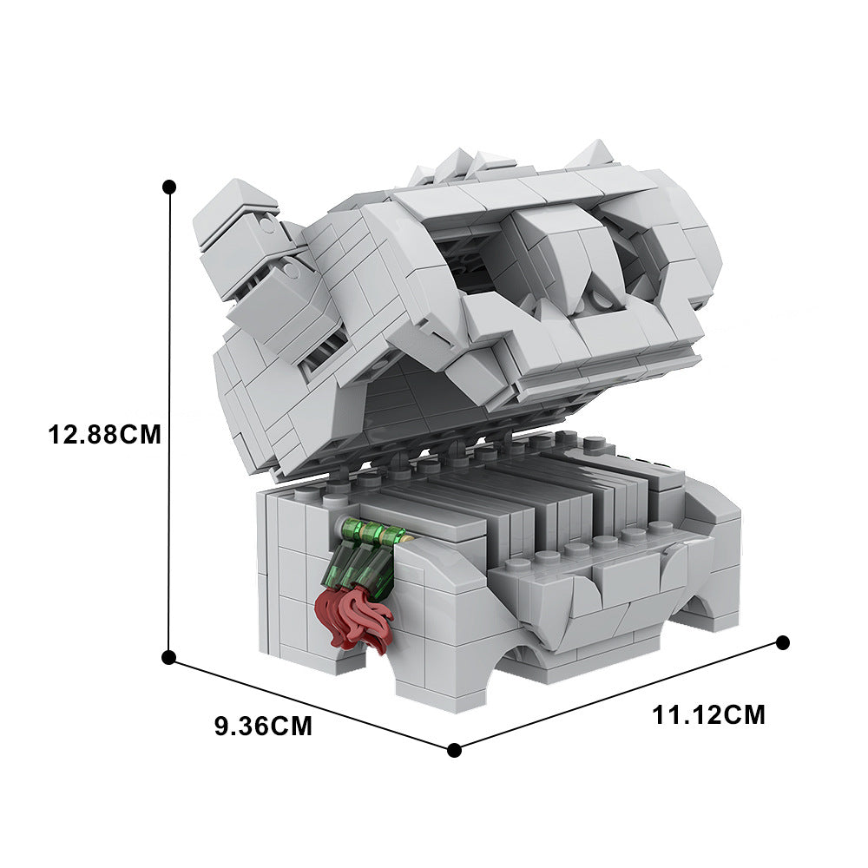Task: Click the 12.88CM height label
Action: click(104, 435)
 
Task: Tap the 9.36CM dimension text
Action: click(264, 727)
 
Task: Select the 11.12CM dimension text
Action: click(708, 714)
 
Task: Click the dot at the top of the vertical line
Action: click(169, 186)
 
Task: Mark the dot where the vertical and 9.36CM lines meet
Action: click(169, 657)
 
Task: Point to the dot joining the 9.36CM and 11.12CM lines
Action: click(454, 750)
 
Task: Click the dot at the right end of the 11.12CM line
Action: click(782, 642)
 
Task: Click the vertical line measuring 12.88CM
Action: click(169, 422)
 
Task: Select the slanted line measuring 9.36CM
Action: click(311, 704)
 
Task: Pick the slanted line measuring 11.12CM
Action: click(618, 696)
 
